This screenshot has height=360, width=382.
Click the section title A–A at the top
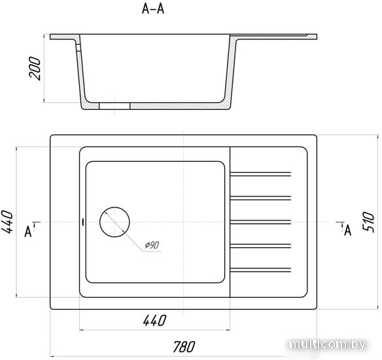point(153,9)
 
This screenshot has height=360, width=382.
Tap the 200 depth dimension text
point(35,68)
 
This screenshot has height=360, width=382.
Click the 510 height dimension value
point(368,221)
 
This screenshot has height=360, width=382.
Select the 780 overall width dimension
point(184,347)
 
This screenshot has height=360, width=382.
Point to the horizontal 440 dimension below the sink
point(155,321)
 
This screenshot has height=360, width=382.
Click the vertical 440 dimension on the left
point(7,222)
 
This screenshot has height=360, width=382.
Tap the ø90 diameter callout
point(152,245)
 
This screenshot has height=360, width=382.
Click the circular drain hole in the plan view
point(114,207)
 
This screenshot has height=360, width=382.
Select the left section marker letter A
point(28,232)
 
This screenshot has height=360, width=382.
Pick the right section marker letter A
point(347,230)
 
